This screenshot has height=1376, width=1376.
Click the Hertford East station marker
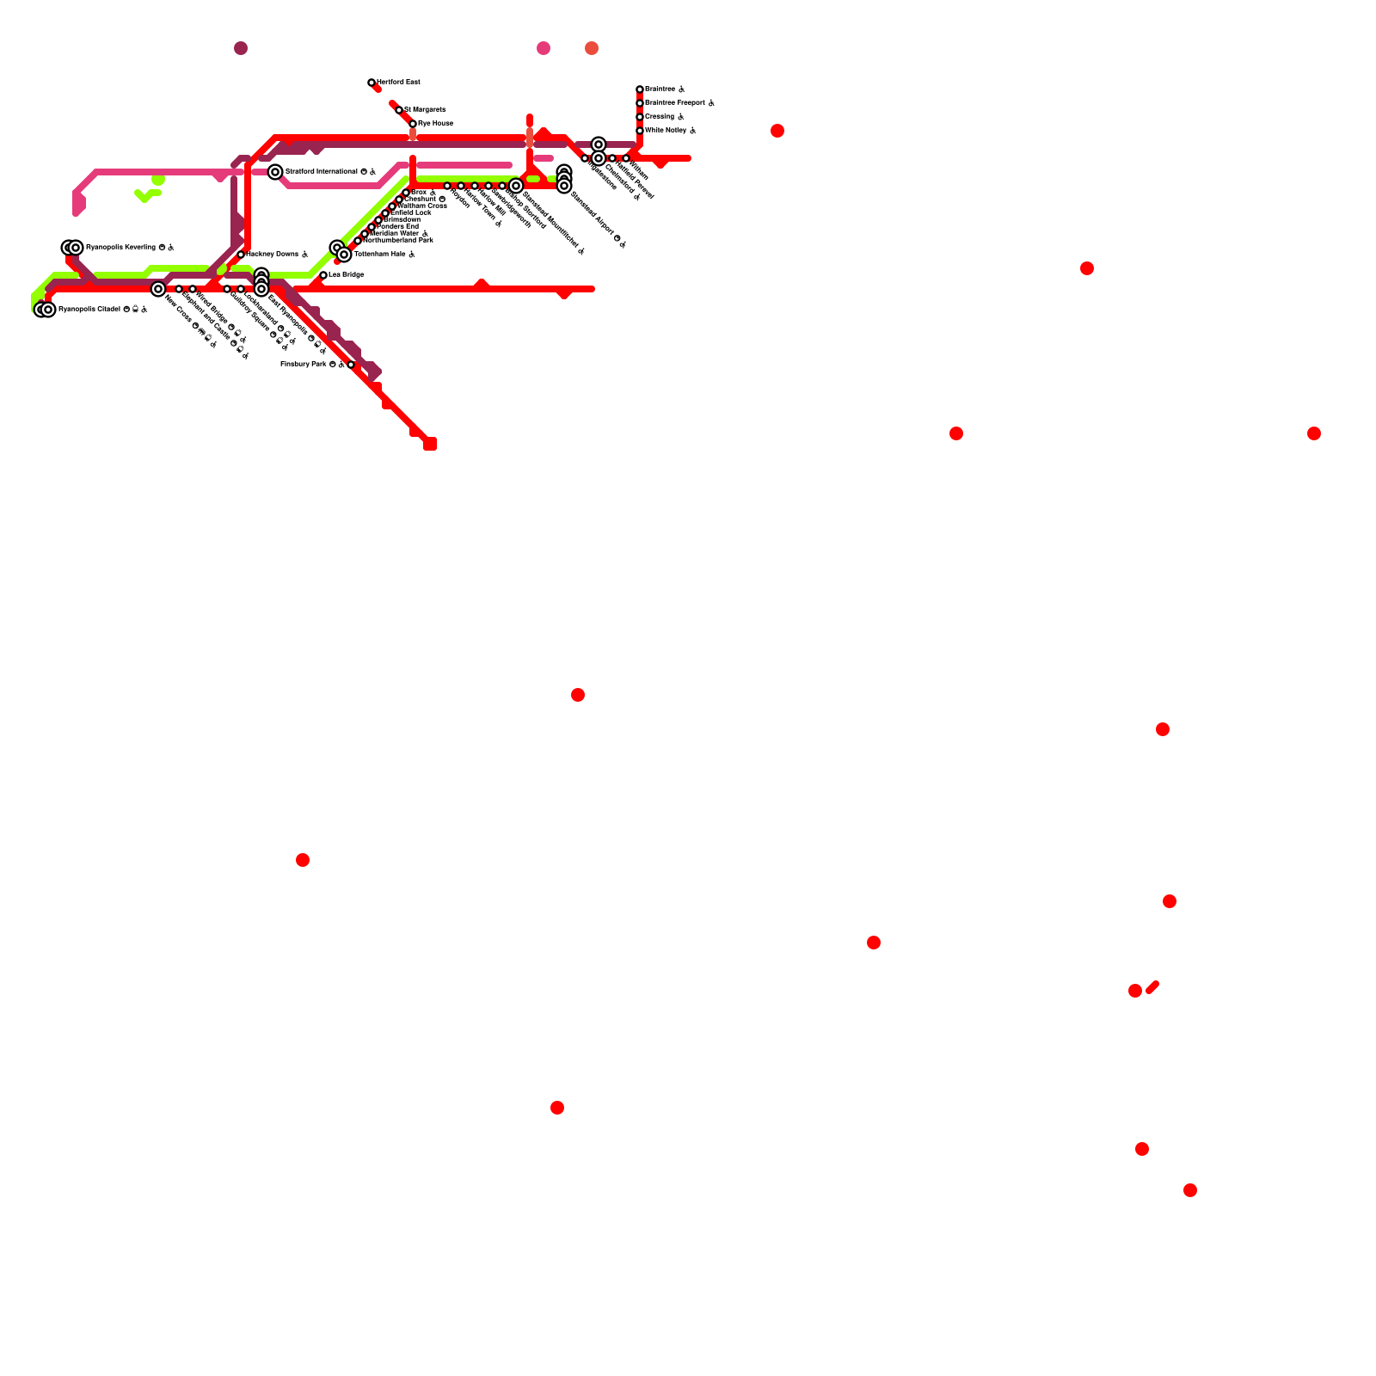372,83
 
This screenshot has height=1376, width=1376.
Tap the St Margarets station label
425,110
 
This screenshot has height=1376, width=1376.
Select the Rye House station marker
413,124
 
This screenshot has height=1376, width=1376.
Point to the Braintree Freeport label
675,103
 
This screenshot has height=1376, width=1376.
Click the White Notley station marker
640,131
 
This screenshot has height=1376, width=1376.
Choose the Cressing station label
660,117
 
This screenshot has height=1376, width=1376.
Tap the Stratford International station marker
275,172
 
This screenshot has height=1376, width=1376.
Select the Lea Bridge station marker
323,275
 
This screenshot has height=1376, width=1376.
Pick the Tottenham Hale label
379,255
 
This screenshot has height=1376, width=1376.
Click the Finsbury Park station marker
351,365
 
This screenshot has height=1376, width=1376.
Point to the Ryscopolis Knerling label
120,248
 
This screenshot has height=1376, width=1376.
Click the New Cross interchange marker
158,289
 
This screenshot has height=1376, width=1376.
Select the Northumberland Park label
397,241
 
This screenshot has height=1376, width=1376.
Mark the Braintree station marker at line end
640,89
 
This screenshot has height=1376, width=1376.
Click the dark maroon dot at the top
241,48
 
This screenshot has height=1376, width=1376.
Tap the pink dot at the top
544,48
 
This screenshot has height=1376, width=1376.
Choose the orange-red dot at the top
592,48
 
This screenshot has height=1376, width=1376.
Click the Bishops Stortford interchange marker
516,186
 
